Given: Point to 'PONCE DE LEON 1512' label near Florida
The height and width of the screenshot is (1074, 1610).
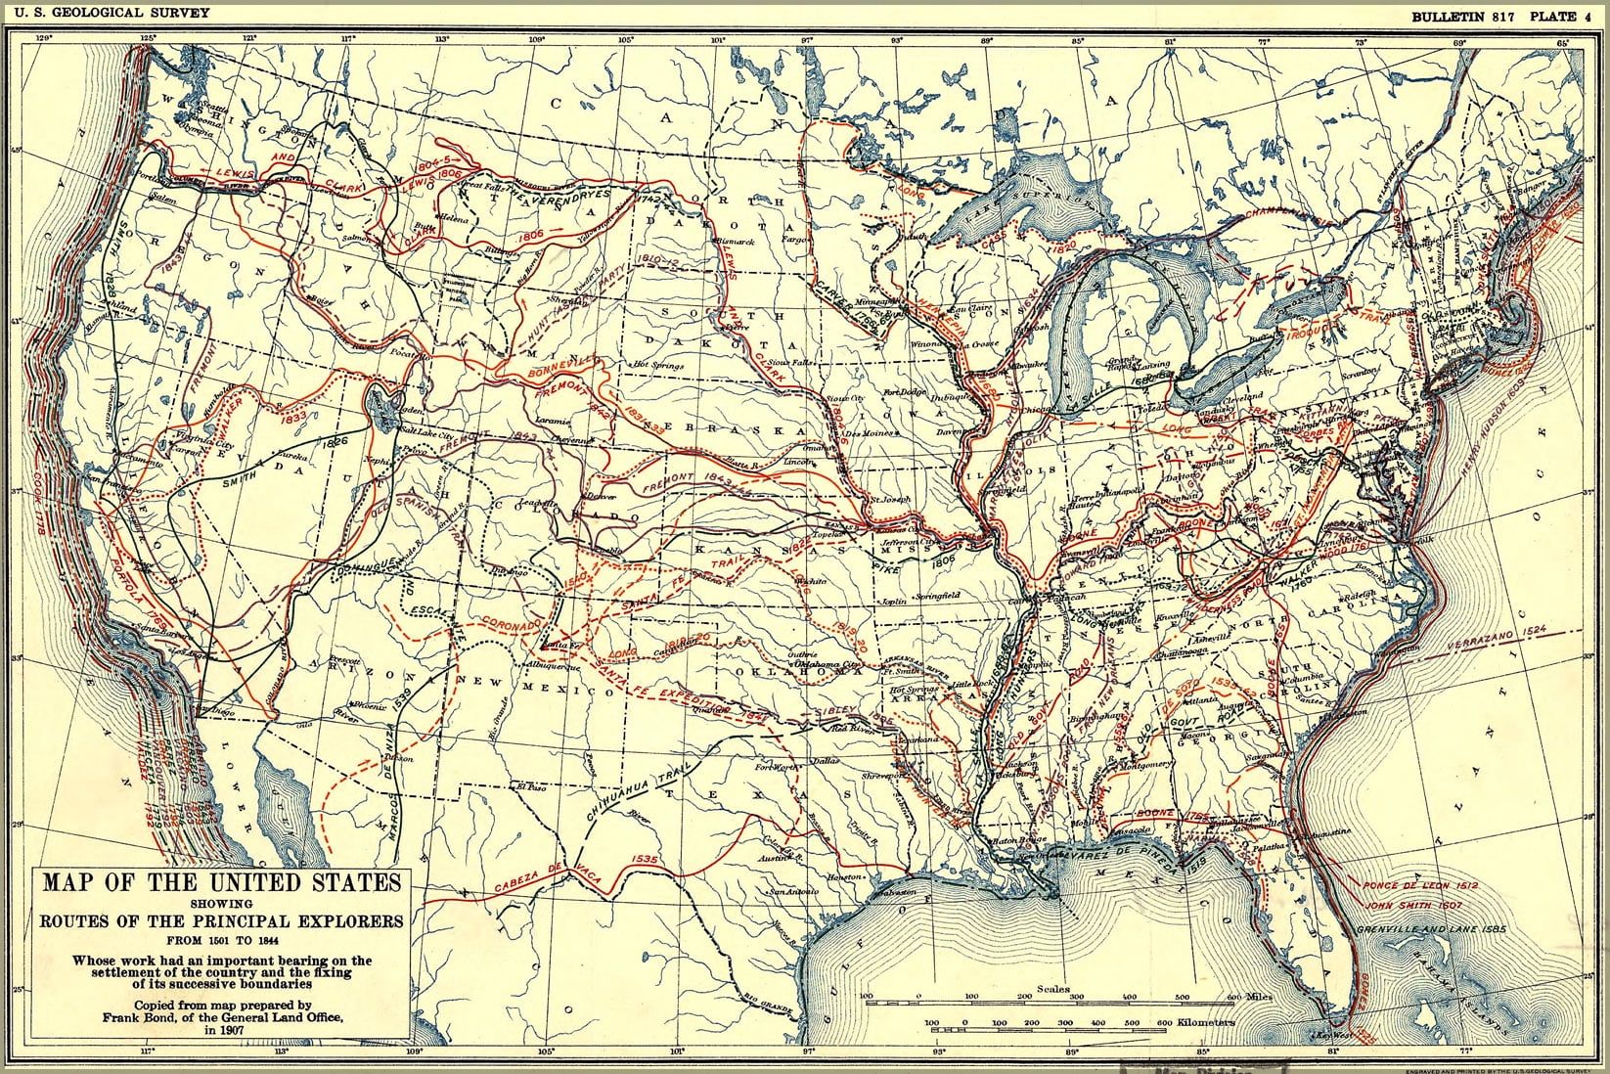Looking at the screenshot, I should coord(1418,885).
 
